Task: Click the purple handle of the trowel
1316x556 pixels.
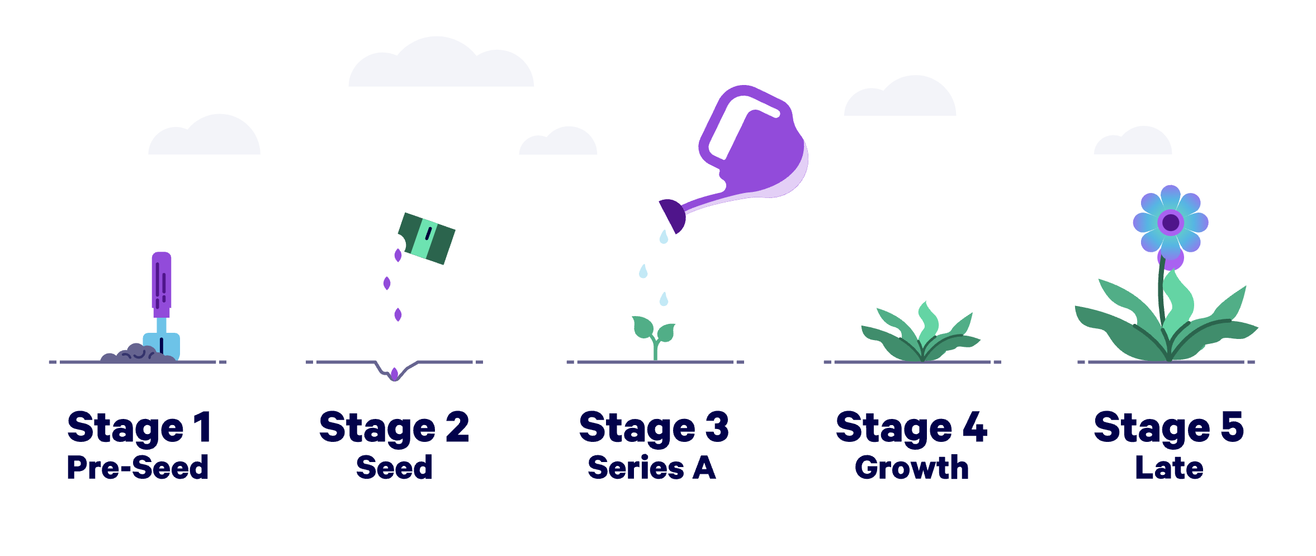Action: coord(162,282)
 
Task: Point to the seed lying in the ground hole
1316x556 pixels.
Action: coord(395,373)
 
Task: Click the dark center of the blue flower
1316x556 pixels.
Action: coord(1171,223)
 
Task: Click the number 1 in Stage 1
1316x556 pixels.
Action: coord(202,427)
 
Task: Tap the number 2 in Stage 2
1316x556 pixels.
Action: coord(457,427)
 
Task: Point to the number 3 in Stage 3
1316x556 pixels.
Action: coord(717,427)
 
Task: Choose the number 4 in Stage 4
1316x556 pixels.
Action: coord(975,427)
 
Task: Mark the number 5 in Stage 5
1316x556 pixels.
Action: coord(1232,427)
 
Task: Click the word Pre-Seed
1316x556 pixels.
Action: coord(138,468)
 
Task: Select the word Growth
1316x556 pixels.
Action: coord(911,468)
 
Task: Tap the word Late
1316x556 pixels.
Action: coord(1169,468)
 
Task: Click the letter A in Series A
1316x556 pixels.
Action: coord(704,468)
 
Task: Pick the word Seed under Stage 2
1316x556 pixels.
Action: coord(394,468)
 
